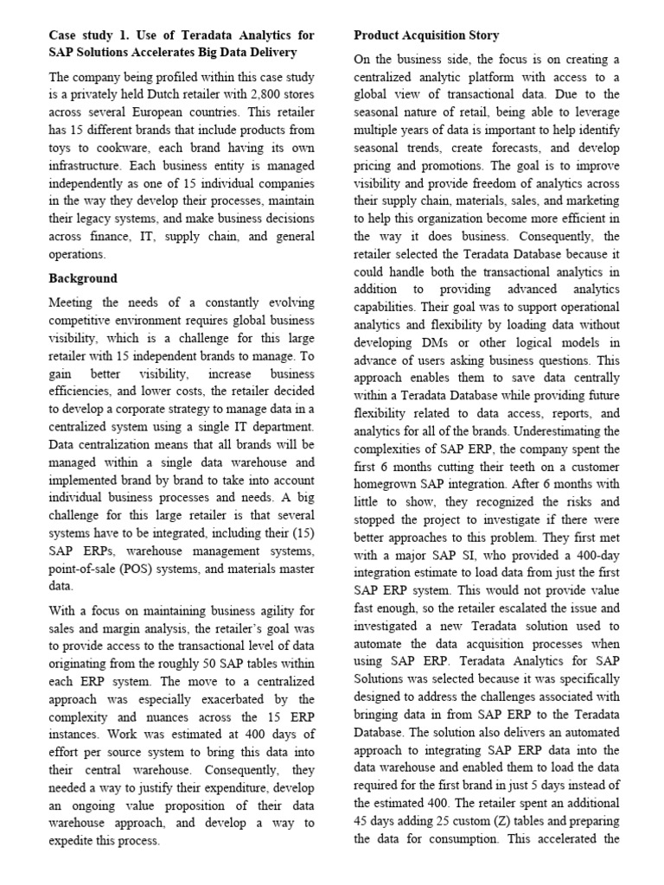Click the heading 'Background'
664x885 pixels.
(x=83, y=278)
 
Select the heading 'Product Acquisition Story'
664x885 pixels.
(x=426, y=35)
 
